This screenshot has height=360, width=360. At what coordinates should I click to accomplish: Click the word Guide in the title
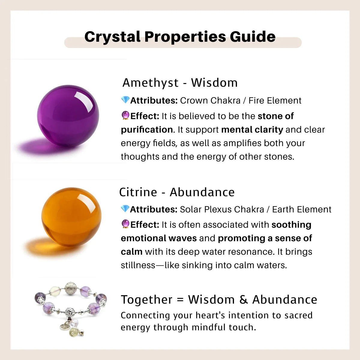point(253,37)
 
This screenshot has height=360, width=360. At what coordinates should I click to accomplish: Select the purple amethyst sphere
point(68,115)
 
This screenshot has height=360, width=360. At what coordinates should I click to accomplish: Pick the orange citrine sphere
point(71,217)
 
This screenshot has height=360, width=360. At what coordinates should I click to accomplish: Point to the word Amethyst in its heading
point(150,83)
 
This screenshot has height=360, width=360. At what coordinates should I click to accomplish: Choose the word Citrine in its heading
point(138,192)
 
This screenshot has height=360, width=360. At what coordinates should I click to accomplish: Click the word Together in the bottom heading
point(146,300)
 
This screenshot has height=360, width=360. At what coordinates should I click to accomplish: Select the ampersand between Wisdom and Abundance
point(243,300)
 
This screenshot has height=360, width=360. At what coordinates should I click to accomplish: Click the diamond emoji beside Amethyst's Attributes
point(125,100)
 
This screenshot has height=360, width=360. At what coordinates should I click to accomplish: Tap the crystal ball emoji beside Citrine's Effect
point(125,224)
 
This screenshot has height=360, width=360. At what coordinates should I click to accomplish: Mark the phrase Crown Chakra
point(210,100)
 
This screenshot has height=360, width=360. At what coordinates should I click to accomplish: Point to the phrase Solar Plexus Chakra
point(222,209)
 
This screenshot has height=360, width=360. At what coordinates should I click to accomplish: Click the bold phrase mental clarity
point(252,130)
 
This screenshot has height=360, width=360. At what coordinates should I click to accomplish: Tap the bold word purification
point(147,130)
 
